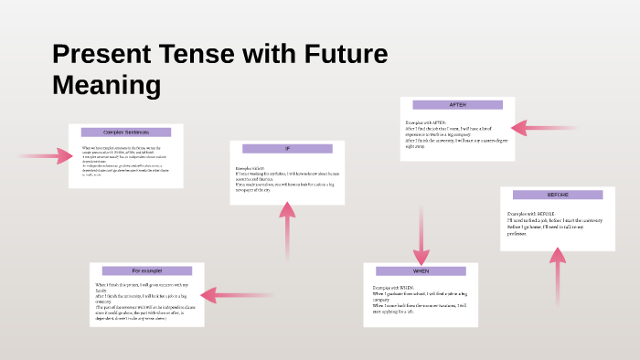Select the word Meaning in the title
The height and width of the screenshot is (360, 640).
click(x=107, y=86)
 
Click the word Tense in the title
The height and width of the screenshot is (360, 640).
click(x=198, y=54)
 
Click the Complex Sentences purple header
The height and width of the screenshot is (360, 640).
click(x=126, y=132)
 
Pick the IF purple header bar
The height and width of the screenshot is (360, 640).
click(x=287, y=148)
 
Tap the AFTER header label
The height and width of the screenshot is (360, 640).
click(x=457, y=105)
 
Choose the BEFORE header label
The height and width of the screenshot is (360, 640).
click(x=558, y=195)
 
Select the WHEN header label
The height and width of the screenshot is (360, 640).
click(x=421, y=271)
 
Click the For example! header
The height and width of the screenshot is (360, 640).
click(x=146, y=271)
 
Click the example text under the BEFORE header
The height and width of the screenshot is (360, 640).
click(x=556, y=223)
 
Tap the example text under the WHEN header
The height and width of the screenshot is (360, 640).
click(x=421, y=298)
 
